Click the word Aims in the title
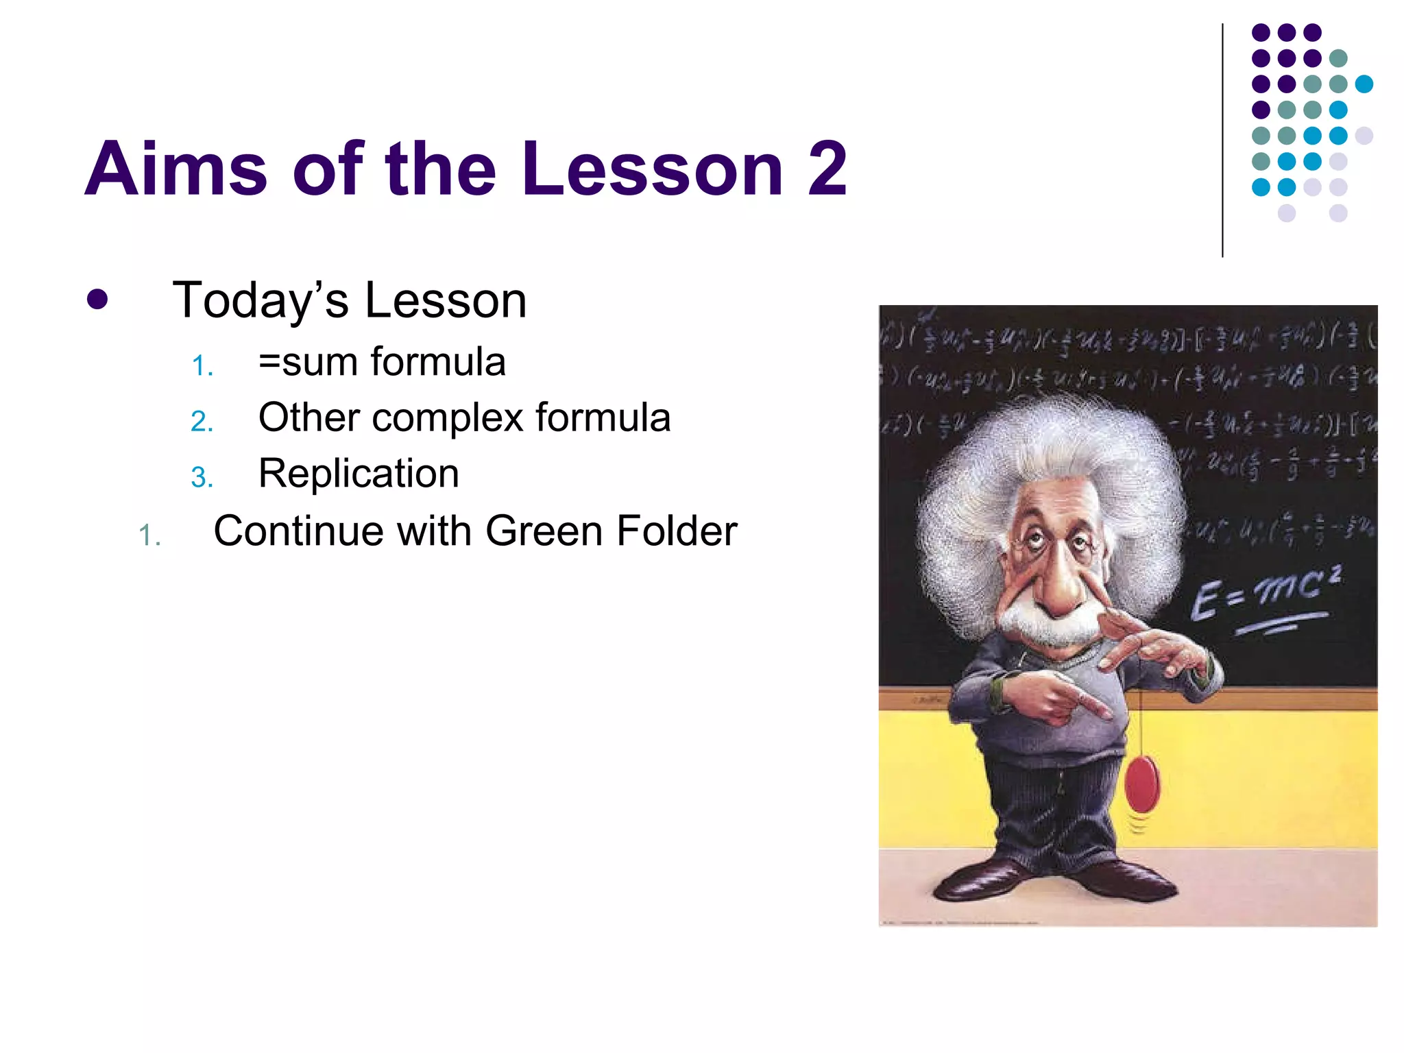[175, 169]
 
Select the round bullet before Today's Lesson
[97, 300]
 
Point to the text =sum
[308, 362]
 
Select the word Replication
[359, 473]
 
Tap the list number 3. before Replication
[202, 477]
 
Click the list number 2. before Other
[202, 421]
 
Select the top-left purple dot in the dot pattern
[1261, 32]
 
